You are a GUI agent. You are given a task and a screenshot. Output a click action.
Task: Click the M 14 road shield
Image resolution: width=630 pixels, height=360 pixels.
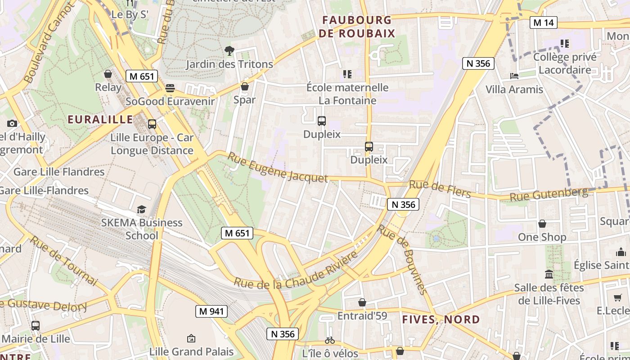point(543,22)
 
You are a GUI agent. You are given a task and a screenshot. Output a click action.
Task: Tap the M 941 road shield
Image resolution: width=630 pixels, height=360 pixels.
point(211,311)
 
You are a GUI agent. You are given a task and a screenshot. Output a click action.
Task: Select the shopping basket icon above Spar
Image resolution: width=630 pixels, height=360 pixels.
point(245,86)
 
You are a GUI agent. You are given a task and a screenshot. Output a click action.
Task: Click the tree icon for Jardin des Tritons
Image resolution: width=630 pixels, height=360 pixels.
point(229,51)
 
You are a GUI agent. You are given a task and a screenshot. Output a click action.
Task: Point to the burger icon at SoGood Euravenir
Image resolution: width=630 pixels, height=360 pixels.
point(170,88)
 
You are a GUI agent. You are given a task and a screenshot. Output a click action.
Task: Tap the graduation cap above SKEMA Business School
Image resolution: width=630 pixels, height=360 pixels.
point(142,209)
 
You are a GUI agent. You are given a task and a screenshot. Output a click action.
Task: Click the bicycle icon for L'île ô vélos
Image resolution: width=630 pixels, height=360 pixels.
point(330,340)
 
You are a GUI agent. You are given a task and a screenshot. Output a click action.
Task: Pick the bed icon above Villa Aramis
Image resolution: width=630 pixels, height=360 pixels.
point(514,76)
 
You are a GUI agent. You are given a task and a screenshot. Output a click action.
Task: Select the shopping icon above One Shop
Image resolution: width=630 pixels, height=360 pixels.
point(542,224)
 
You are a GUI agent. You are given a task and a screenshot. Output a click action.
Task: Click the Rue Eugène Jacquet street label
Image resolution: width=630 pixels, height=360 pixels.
point(278,167)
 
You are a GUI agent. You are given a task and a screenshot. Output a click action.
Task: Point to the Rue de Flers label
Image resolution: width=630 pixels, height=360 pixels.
point(440,189)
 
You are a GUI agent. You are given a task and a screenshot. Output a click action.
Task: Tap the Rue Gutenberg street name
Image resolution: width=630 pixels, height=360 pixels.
point(549,194)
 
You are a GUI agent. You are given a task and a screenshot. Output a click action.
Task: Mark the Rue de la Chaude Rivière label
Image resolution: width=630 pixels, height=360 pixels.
point(296,270)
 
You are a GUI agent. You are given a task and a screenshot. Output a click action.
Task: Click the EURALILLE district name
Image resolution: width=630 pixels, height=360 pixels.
point(100,119)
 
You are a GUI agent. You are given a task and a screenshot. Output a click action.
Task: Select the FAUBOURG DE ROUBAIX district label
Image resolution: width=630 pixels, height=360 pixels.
point(357,27)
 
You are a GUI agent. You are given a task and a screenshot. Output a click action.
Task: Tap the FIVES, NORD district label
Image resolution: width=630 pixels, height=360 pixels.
point(441,319)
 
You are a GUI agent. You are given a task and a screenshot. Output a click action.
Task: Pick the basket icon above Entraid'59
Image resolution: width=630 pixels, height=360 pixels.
point(362,302)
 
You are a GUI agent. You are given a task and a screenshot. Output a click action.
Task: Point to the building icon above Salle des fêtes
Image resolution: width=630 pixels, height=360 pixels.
point(549,274)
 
